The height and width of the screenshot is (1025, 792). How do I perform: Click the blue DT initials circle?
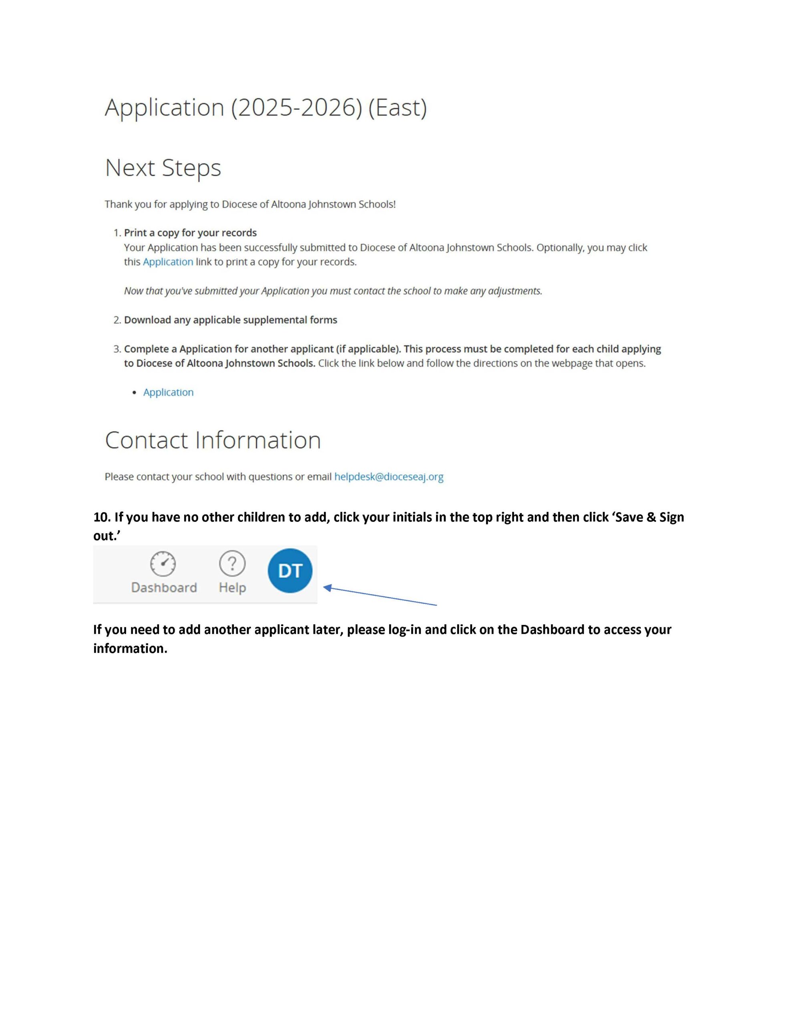point(289,570)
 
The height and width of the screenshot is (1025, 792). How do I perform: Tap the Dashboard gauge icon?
point(163,563)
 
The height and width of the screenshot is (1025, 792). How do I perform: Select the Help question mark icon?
point(232,563)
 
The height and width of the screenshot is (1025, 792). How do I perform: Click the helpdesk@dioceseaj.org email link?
point(389,477)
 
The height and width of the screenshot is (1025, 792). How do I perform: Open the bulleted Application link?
point(168,392)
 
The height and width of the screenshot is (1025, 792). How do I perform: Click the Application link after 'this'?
point(168,262)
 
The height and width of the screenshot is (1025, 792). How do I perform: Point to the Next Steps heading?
point(163,168)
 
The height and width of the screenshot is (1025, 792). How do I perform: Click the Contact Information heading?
point(213,440)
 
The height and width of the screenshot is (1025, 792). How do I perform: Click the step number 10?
point(101,517)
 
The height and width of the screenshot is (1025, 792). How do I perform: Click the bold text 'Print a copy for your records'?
point(190,233)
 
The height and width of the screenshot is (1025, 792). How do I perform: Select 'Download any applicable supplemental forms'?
point(231,320)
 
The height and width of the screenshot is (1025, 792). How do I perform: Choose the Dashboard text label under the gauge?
point(164,588)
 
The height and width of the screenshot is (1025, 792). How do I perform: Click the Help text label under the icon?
point(232,588)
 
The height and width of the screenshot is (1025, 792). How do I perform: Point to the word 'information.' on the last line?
point(130,649)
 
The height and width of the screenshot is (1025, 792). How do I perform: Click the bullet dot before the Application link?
point(135,392)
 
